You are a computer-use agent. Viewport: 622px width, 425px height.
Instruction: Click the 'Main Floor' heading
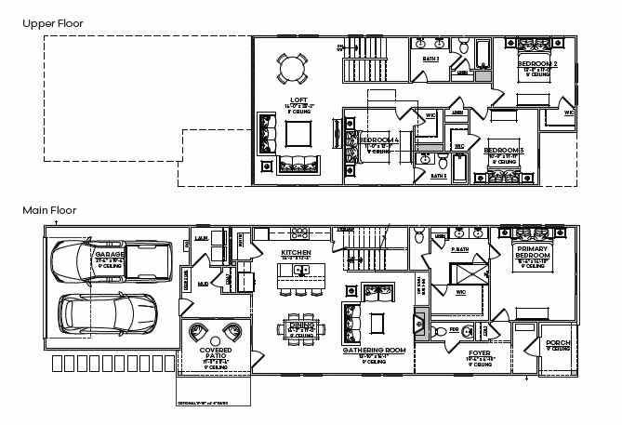(49, 211)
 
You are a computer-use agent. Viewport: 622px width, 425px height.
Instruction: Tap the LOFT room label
(298, 100)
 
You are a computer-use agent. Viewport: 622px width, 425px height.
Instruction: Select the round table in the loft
(291, 68)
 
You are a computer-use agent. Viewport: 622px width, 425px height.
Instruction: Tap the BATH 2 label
(430, 59)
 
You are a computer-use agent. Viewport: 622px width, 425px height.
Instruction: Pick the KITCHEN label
(296, 253)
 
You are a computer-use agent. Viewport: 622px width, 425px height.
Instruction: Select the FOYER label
(479, 353)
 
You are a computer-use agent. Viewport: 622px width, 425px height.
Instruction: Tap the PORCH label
(534, 343)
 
